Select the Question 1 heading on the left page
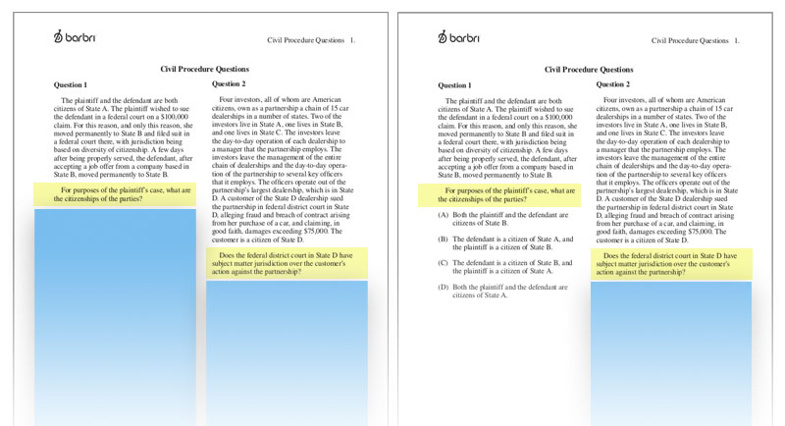tap(70, 85)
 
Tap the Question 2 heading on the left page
tap(229, 84)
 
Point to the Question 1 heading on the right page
tap(454, 85)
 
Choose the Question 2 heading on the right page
tap(613, 84)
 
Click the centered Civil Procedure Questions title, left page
tap(204, 70)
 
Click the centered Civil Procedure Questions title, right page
tap(589, 70)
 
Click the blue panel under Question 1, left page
tap(115, 314)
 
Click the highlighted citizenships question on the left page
tap(115, 194)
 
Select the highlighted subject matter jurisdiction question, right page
tap(671, 263)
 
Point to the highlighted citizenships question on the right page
tap(499, 194)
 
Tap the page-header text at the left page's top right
tap(311, 41)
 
